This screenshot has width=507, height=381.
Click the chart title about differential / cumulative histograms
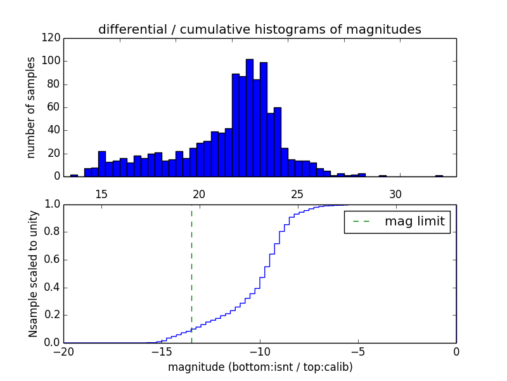[x=259, y=29]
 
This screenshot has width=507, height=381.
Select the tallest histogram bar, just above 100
[x=250, y=118]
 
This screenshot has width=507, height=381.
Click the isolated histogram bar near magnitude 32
[x=439, y=175]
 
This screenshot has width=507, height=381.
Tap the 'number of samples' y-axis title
[x=31, y=107]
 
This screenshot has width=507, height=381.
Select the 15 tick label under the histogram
[x=101, y=194]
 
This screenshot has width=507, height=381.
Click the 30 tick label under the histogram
[x=395, y=194]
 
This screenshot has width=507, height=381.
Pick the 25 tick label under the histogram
[x=297, y=194]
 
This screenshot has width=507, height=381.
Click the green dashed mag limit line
[x=191, y=273]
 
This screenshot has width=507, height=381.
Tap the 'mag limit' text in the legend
[x=414, y=222]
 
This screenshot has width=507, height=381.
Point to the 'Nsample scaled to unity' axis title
[x=33, y=273]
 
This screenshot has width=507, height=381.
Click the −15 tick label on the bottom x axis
[x=161, y=352]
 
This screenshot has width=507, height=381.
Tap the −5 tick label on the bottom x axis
[x=357, y=352]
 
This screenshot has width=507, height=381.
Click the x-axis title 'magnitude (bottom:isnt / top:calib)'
[x=260, y=367]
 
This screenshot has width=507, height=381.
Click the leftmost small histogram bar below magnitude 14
[x=74, y=175]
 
